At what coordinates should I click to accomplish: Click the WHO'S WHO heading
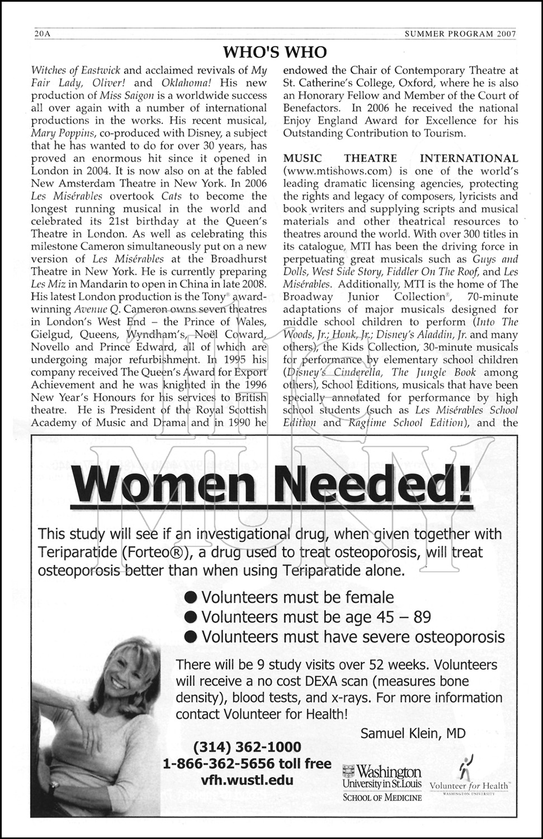[x=274, y=53]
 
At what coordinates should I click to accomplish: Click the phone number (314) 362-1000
[x=247, y=747]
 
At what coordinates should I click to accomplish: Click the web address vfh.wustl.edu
[x=247, y=780]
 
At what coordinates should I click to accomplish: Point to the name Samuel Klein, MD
[x=413, y=733]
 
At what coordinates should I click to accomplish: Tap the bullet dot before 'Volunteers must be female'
[x=192, y=597]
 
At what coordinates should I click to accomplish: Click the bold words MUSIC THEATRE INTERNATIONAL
[x=400, y=159]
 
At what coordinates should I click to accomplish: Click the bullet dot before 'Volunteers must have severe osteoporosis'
[x=192, y=637]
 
